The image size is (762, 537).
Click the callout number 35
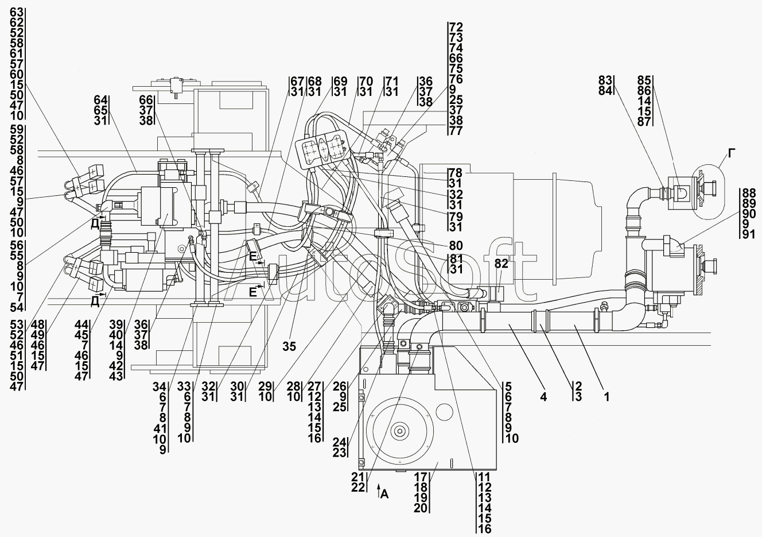pyautogui.click(x=289, y=346)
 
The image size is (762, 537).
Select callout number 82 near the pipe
pyautogui.click(x=501, y=263)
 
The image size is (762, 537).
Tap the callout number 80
pyautogui.click(x=456, y=245)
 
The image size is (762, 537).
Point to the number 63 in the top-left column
pyautogui.click(x=17, y=12)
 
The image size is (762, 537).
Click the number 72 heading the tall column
pyautogui.click(x=456, y=27)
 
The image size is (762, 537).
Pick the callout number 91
pyautogui.click(x=748, y=234)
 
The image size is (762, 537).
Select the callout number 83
pyautogui.click(x=605, y=80)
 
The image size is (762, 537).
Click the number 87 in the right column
pyautogui.click(x=644, y=122)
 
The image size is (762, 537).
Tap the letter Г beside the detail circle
pyautogui.click(x=732, y=153)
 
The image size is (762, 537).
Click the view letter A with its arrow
pyautogui.click(x=383, y=493)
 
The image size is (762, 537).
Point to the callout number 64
pyautogui.click(x=100, y=100)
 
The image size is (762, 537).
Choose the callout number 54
pyautogui.click(x=17, y=307)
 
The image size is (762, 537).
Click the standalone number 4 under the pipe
pyautogui.click(x=543, y=397)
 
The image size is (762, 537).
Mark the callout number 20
pyautogui.click(x=421, y=508)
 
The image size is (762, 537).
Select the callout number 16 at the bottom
pyautogui.click(x=485, y=529)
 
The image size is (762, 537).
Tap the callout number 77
pyautogui.click(x=456, y=130)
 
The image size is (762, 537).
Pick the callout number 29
pyautogui.click(x=265, y=387)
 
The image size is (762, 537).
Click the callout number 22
pyautogui.click(x=358, y=487)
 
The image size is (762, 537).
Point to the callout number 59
pyautogui.click(x=17, y=129)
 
